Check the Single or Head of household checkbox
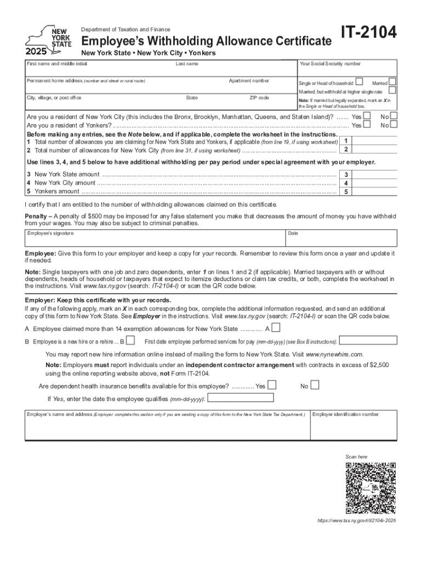pos(359,82)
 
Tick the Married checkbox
pos(392,82)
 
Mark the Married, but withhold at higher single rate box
pos(392,90)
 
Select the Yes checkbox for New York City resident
pos(367,116)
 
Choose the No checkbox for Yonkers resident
pos(394,125)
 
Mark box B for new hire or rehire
pos(130,341)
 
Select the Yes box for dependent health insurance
pos(271,385)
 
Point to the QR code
pos(370,488)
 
